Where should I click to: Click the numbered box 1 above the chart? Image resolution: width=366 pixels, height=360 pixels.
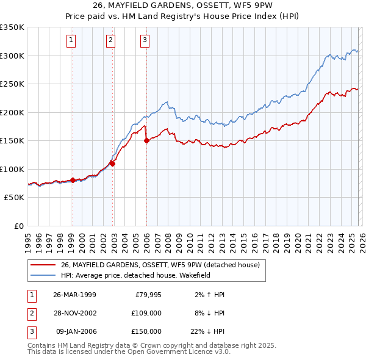[71, 41]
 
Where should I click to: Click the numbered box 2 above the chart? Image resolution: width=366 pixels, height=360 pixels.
[110, 41]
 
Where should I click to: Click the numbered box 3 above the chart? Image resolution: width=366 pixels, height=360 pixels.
[145, 41]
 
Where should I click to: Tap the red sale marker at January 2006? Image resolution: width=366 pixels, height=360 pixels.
[146, 140]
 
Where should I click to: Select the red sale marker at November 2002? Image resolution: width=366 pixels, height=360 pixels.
[113, 162]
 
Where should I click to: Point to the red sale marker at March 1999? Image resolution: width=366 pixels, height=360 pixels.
[73, 180]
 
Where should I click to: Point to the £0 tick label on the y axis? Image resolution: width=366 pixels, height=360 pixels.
[18, 226]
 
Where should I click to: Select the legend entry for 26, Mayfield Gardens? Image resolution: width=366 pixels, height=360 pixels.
[160, 265]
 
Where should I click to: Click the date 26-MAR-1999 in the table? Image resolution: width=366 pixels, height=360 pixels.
[74, 295]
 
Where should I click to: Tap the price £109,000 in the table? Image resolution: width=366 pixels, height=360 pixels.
[147, 313]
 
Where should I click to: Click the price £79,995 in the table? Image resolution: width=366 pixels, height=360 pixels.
[148, 295]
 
